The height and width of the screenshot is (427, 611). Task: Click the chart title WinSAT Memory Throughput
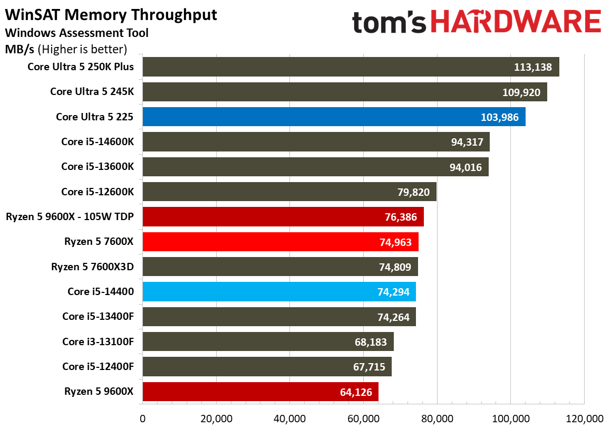point(111,15)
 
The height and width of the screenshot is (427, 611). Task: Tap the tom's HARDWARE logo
point(477,22)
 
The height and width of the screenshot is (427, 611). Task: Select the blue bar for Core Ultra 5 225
point(334,117)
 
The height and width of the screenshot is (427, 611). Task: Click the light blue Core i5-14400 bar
point(279,291)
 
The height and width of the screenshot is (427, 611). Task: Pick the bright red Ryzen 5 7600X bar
point(280,242)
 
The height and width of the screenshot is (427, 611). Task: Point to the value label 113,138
point(532,67)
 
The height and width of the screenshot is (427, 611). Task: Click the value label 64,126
point(356,392)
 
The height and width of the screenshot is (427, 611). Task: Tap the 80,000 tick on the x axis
point(437,419)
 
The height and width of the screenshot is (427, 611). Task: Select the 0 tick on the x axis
point(143,419)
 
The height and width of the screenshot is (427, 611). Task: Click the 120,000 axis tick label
point(584,419)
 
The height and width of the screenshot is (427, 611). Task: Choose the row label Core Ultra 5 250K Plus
point(81,67)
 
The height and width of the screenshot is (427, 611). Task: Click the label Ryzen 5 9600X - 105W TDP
point(70,216)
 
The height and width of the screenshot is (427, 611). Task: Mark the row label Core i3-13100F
point(98,341)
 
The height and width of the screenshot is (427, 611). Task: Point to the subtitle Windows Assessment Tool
point(77,33)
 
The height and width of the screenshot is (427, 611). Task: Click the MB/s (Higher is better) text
point(66,49)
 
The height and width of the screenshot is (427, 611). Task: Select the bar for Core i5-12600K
point(289,192)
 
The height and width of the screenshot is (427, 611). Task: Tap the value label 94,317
point(467,142)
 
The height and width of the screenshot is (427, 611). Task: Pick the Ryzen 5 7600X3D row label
point(92,267)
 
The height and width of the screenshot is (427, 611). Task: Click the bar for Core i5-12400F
point(267,366)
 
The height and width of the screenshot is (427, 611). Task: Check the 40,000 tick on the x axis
point(290,419)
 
